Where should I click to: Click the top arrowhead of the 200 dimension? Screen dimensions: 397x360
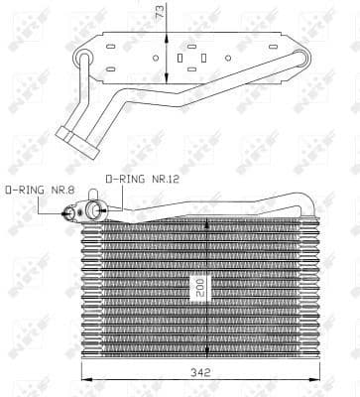click(206, 221)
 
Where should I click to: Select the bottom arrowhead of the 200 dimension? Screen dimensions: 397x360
click(206, 355)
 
